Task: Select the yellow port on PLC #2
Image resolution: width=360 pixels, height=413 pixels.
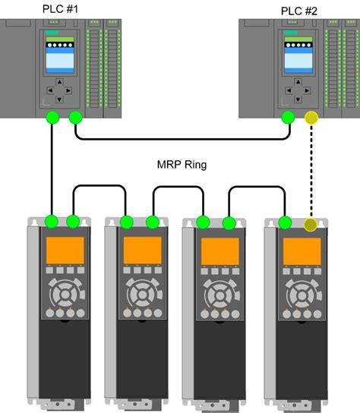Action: [310, 118]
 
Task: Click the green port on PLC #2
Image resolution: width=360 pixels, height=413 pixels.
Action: [287, 118]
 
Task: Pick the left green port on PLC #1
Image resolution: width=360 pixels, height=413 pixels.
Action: [52, 118]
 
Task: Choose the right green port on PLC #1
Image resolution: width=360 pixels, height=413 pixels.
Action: [75, 118]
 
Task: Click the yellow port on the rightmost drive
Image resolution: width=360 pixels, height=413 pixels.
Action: [310, 223]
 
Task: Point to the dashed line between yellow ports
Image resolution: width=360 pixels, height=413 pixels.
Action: [310, 171]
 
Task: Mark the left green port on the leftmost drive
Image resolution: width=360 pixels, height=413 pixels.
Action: [52, 222]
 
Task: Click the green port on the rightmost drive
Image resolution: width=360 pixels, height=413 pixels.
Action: [286, 222]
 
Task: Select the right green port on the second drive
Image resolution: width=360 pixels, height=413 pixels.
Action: [153, 222]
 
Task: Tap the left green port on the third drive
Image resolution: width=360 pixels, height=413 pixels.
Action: [203, 222]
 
